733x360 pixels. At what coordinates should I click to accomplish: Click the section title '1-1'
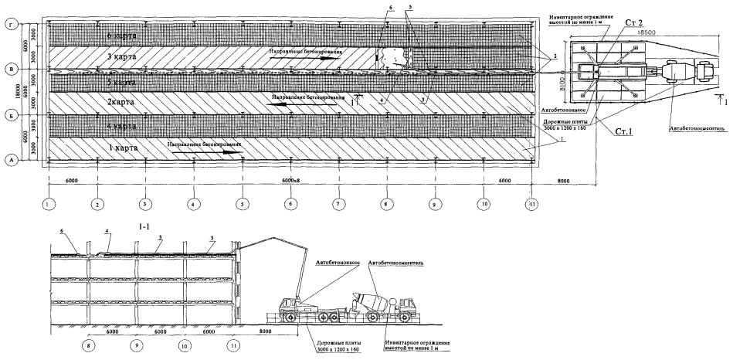pos(142,229)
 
